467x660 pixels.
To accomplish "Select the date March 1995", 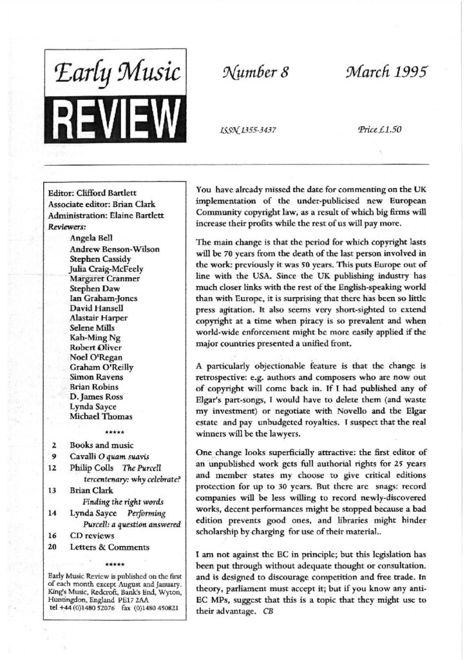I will click(x=377, y=72).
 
